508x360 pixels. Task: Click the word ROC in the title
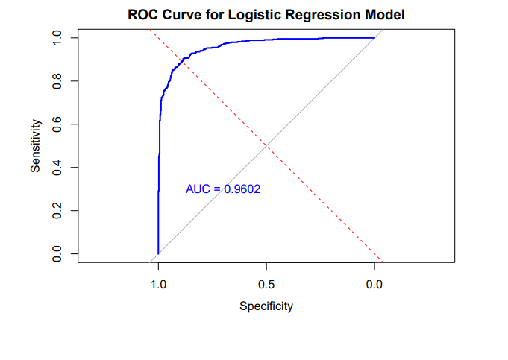(x=141, y=14)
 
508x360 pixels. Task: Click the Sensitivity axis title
(x=35, y=145)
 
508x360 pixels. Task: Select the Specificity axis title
(x=266, y=306)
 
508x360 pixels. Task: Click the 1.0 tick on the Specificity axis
(x=157, y=284)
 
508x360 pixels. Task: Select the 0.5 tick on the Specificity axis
(x=266, y=284)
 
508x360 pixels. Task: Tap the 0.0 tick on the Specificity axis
(x=374, y=284)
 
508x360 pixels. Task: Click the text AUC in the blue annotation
(x=198, y=189)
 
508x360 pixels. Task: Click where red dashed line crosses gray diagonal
(x=266, y=145)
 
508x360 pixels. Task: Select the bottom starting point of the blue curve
(x=157, y=254)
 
